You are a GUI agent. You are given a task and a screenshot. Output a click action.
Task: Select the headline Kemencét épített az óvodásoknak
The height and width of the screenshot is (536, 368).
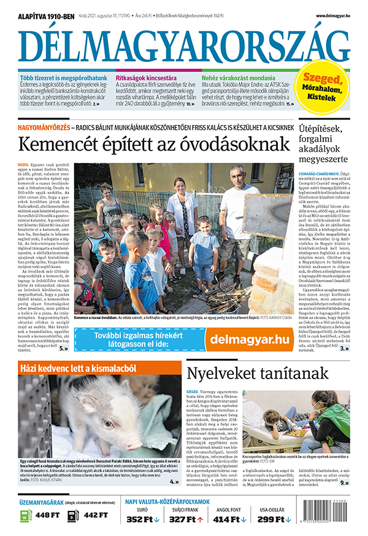click(153, 145)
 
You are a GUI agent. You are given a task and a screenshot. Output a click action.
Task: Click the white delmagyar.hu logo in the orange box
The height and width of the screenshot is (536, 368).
click(249, 339)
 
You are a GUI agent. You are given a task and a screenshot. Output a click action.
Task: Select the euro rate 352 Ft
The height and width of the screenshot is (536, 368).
click(142, 520)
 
